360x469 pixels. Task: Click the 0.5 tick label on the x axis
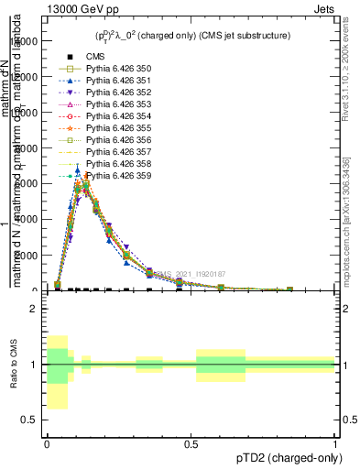[191, 444]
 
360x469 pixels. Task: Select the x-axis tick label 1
[335, 444]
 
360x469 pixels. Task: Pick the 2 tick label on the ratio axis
[32, 310]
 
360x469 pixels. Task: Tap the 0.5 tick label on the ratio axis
[28, 420]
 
